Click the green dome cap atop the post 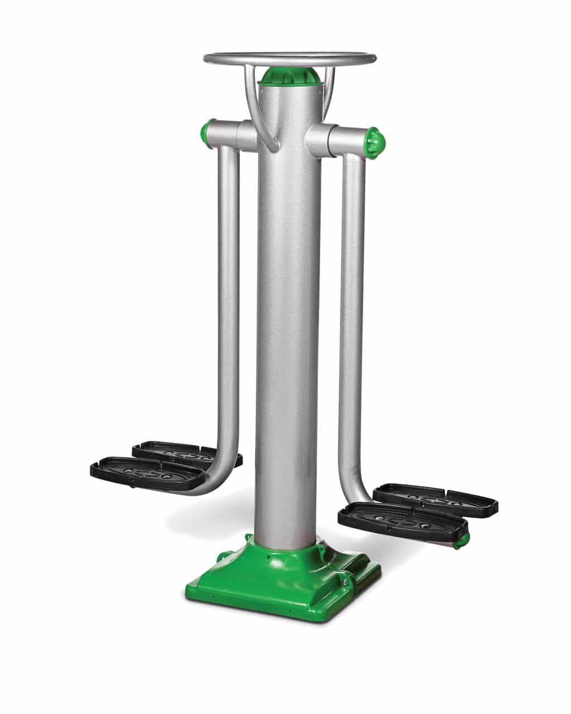click(x=290, y=76)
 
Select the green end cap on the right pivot click(x=373, y=142)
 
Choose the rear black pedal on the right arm click(x=435, y=500)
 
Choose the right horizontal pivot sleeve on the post click(x=329, y=139)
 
